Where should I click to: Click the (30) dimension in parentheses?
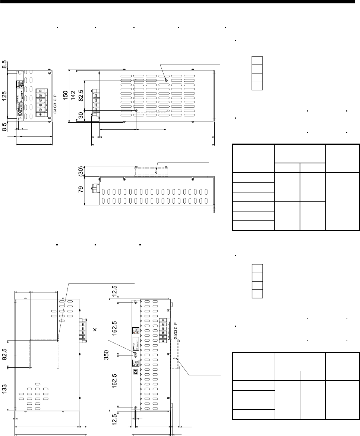(x=80, y=170)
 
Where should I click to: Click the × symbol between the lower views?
(x=95, y=330)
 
